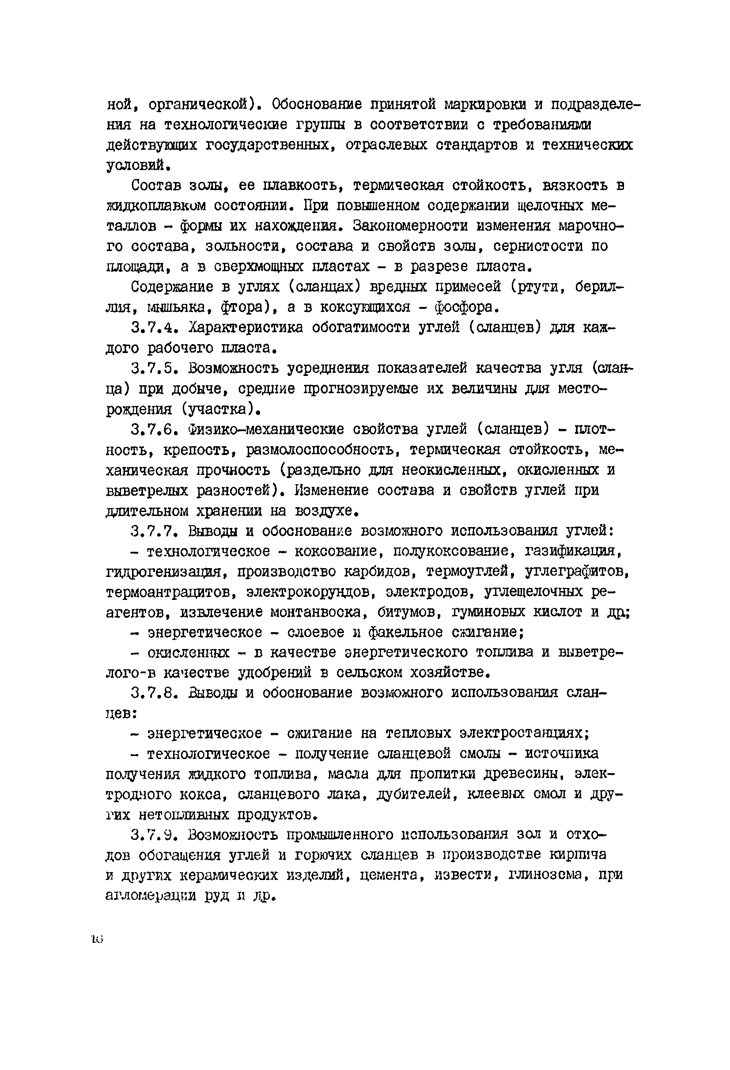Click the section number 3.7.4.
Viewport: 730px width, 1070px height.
[x=153, y=327]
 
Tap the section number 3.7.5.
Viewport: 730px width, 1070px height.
[x=153, y=368]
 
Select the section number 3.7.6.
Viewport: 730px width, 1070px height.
[x=153, y=429]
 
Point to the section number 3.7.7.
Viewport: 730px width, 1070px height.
[x=153, y=531]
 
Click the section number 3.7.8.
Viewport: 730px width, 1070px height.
[x=153, y=693]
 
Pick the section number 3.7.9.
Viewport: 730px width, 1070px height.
[x=153, y=835]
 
